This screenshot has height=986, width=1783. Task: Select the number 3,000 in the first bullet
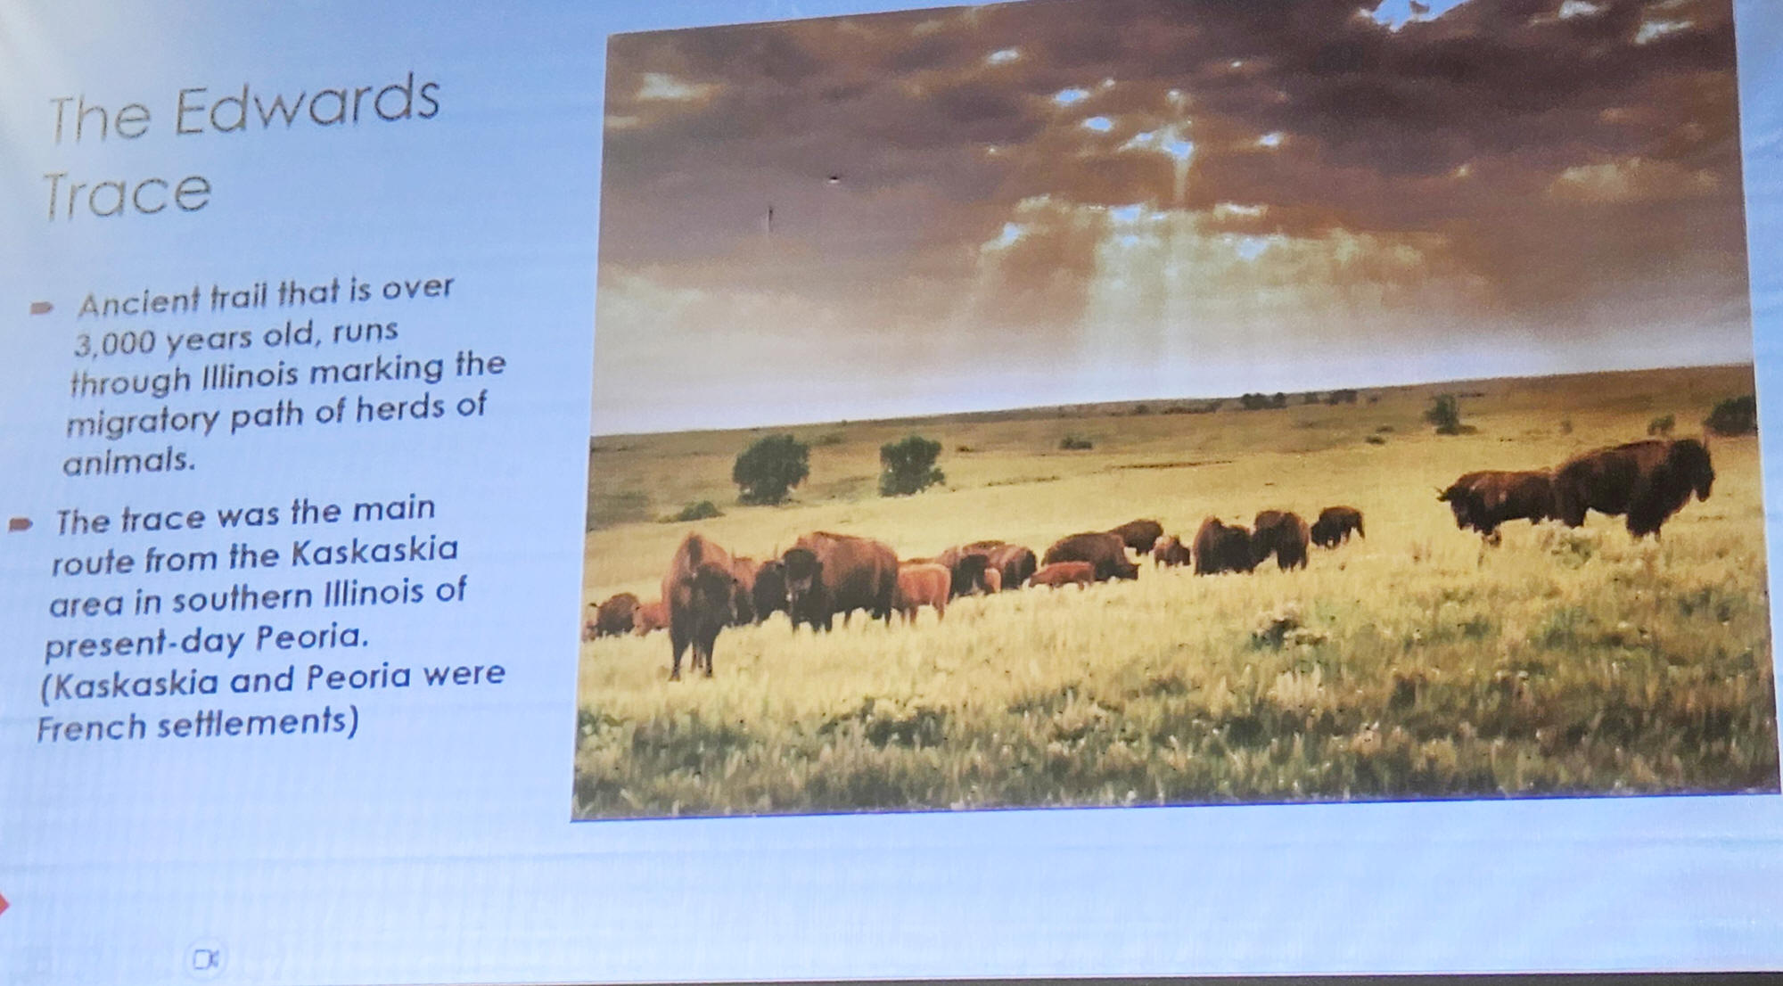(x=115, y=342)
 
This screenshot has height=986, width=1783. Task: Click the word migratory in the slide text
(x=143, y=420)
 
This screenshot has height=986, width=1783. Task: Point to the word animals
(x=128, y=461)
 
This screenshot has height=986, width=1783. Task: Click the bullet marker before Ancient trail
(x=41, y=308)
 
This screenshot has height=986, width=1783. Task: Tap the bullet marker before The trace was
(x=21, y=523)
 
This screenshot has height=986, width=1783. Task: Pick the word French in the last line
(x=91, y=728)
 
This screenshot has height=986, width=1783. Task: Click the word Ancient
(x=139, y=302)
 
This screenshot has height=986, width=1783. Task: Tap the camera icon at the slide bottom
(x=206, y=959)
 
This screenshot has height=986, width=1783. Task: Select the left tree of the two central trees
(x=770, y=467)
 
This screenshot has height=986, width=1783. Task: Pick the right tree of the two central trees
(x=910, y=465)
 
